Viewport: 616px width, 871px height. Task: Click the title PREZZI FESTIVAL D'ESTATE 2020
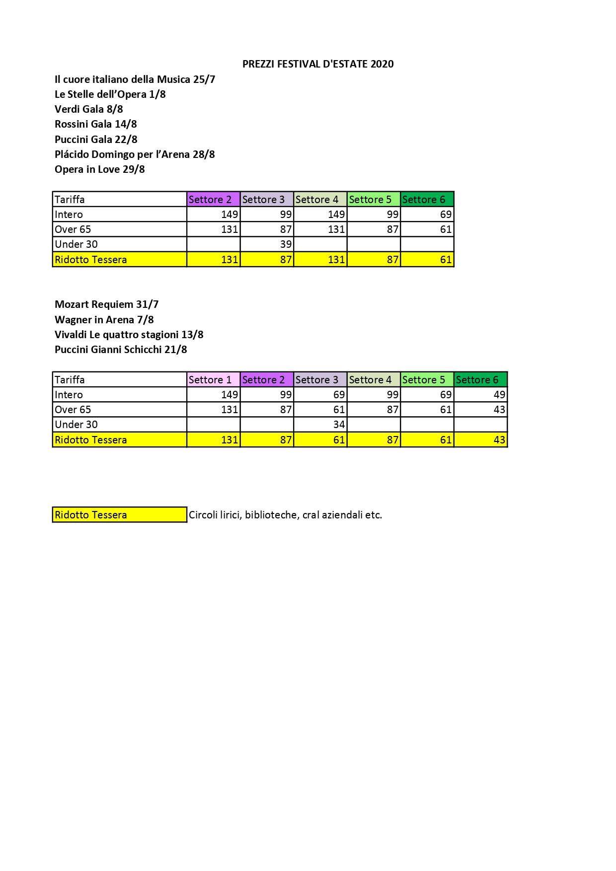(318, 64)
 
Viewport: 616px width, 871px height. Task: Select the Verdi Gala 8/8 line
(89, 109)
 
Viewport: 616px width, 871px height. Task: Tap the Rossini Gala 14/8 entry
(96, 124)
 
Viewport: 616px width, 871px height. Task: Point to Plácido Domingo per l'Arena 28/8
(135, 154)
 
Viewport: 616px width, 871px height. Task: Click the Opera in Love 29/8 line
(100, 169)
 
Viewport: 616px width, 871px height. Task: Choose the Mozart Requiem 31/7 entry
(107, 304)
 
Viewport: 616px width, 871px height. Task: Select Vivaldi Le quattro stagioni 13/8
(129, 335)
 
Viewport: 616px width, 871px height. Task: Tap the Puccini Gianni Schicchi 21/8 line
(121, 350)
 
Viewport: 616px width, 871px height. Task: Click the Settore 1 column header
(210, 380)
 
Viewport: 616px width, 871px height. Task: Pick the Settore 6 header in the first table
(424, 200)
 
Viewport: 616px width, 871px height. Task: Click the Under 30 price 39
(286, 244)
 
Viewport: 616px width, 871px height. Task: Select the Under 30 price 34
(339, 425)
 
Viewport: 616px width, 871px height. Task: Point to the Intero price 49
(499, 395)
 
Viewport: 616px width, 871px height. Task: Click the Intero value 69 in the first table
(446, 215)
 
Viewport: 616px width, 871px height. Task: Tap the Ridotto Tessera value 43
(499, 440)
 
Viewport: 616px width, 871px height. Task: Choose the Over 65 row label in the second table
(73, 410)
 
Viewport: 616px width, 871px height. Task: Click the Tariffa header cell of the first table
(70, 200)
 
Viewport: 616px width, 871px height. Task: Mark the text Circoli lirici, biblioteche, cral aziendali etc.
(285, 515)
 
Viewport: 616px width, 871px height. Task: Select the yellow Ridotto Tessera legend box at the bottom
(119, 515)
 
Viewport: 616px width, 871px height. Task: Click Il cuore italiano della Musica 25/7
(135, 79)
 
